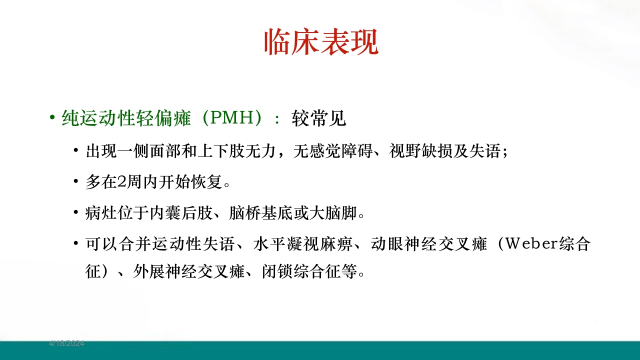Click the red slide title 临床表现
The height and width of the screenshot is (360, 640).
pos(320,42)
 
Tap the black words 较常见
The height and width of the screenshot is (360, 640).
pos(318,118)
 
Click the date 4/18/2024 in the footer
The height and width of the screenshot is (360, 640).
pos(66,343)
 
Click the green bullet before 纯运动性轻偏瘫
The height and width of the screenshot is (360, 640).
pos(52,118)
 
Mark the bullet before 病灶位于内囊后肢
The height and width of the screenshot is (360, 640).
pos(75,213)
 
